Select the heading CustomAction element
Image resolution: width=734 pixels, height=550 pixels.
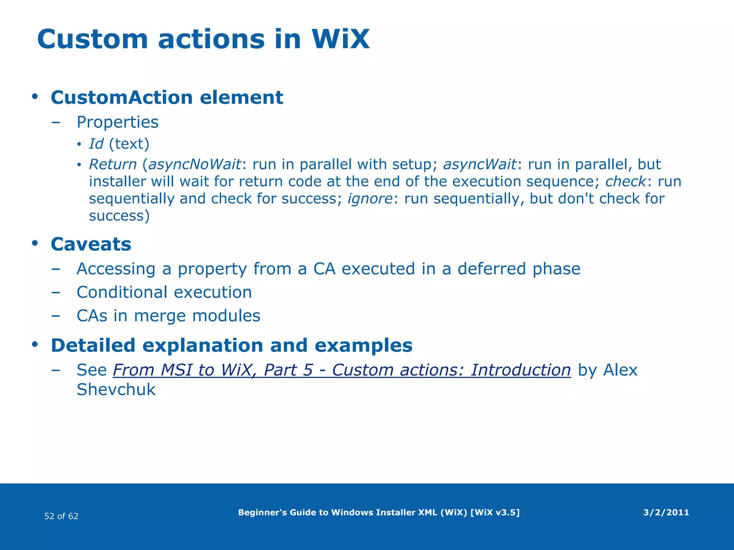coord(167,97)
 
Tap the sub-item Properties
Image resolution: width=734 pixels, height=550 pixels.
coord(118,122)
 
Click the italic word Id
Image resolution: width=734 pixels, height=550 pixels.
coord(96,144)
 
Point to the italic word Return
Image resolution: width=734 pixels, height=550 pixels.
coord(113,164)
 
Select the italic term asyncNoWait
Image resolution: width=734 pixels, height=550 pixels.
coord(195,164)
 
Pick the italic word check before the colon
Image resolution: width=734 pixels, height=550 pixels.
coord(625,182)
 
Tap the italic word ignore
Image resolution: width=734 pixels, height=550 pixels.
coord(370,199)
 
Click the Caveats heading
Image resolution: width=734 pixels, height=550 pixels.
coord(91,244)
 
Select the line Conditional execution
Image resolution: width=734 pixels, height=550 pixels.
coord(164,292)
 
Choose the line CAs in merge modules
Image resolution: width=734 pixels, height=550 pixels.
coord(168,316)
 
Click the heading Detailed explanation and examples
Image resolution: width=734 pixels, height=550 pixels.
coord(232,346)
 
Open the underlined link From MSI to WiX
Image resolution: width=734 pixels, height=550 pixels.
coord(342,370)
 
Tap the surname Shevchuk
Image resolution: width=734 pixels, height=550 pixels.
coord(116,390)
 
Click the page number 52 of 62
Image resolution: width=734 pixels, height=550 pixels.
coord(61,516)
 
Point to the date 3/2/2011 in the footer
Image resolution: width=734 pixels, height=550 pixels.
coord(666,512)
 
